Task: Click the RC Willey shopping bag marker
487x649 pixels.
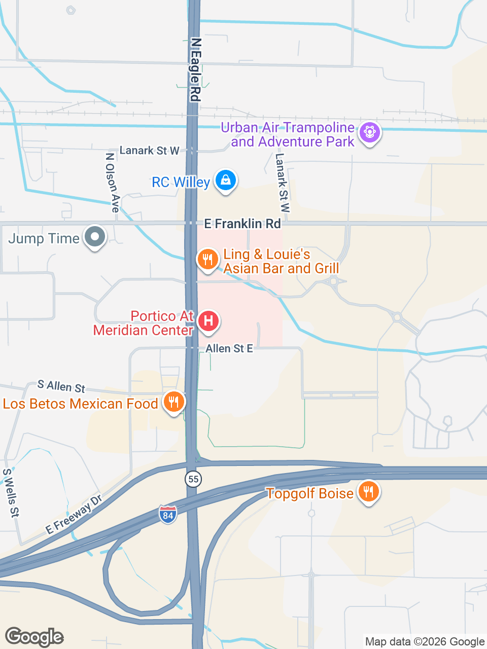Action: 226,180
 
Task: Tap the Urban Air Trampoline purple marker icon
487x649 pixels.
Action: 369,133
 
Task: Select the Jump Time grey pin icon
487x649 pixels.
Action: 95,237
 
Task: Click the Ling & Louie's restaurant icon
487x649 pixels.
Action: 207,260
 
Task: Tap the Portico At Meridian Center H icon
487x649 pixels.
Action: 208,321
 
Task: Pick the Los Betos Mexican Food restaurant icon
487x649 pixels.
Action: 173,403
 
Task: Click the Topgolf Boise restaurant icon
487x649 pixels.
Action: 368,492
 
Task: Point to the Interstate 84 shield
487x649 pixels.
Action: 168,515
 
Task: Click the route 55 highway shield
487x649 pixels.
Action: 193,479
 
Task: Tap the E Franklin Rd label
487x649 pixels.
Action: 242,224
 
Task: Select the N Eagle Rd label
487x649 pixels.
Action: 196,69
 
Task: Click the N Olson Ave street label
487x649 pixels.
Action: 112,183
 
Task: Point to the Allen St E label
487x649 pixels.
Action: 229,348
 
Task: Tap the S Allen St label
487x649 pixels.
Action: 61,386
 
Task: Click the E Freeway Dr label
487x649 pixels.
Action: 74,514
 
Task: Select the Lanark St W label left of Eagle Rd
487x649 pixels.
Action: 149,151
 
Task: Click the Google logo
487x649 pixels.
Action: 34,637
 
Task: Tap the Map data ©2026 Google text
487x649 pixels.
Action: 425,641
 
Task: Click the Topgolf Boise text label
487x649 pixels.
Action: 309,493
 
